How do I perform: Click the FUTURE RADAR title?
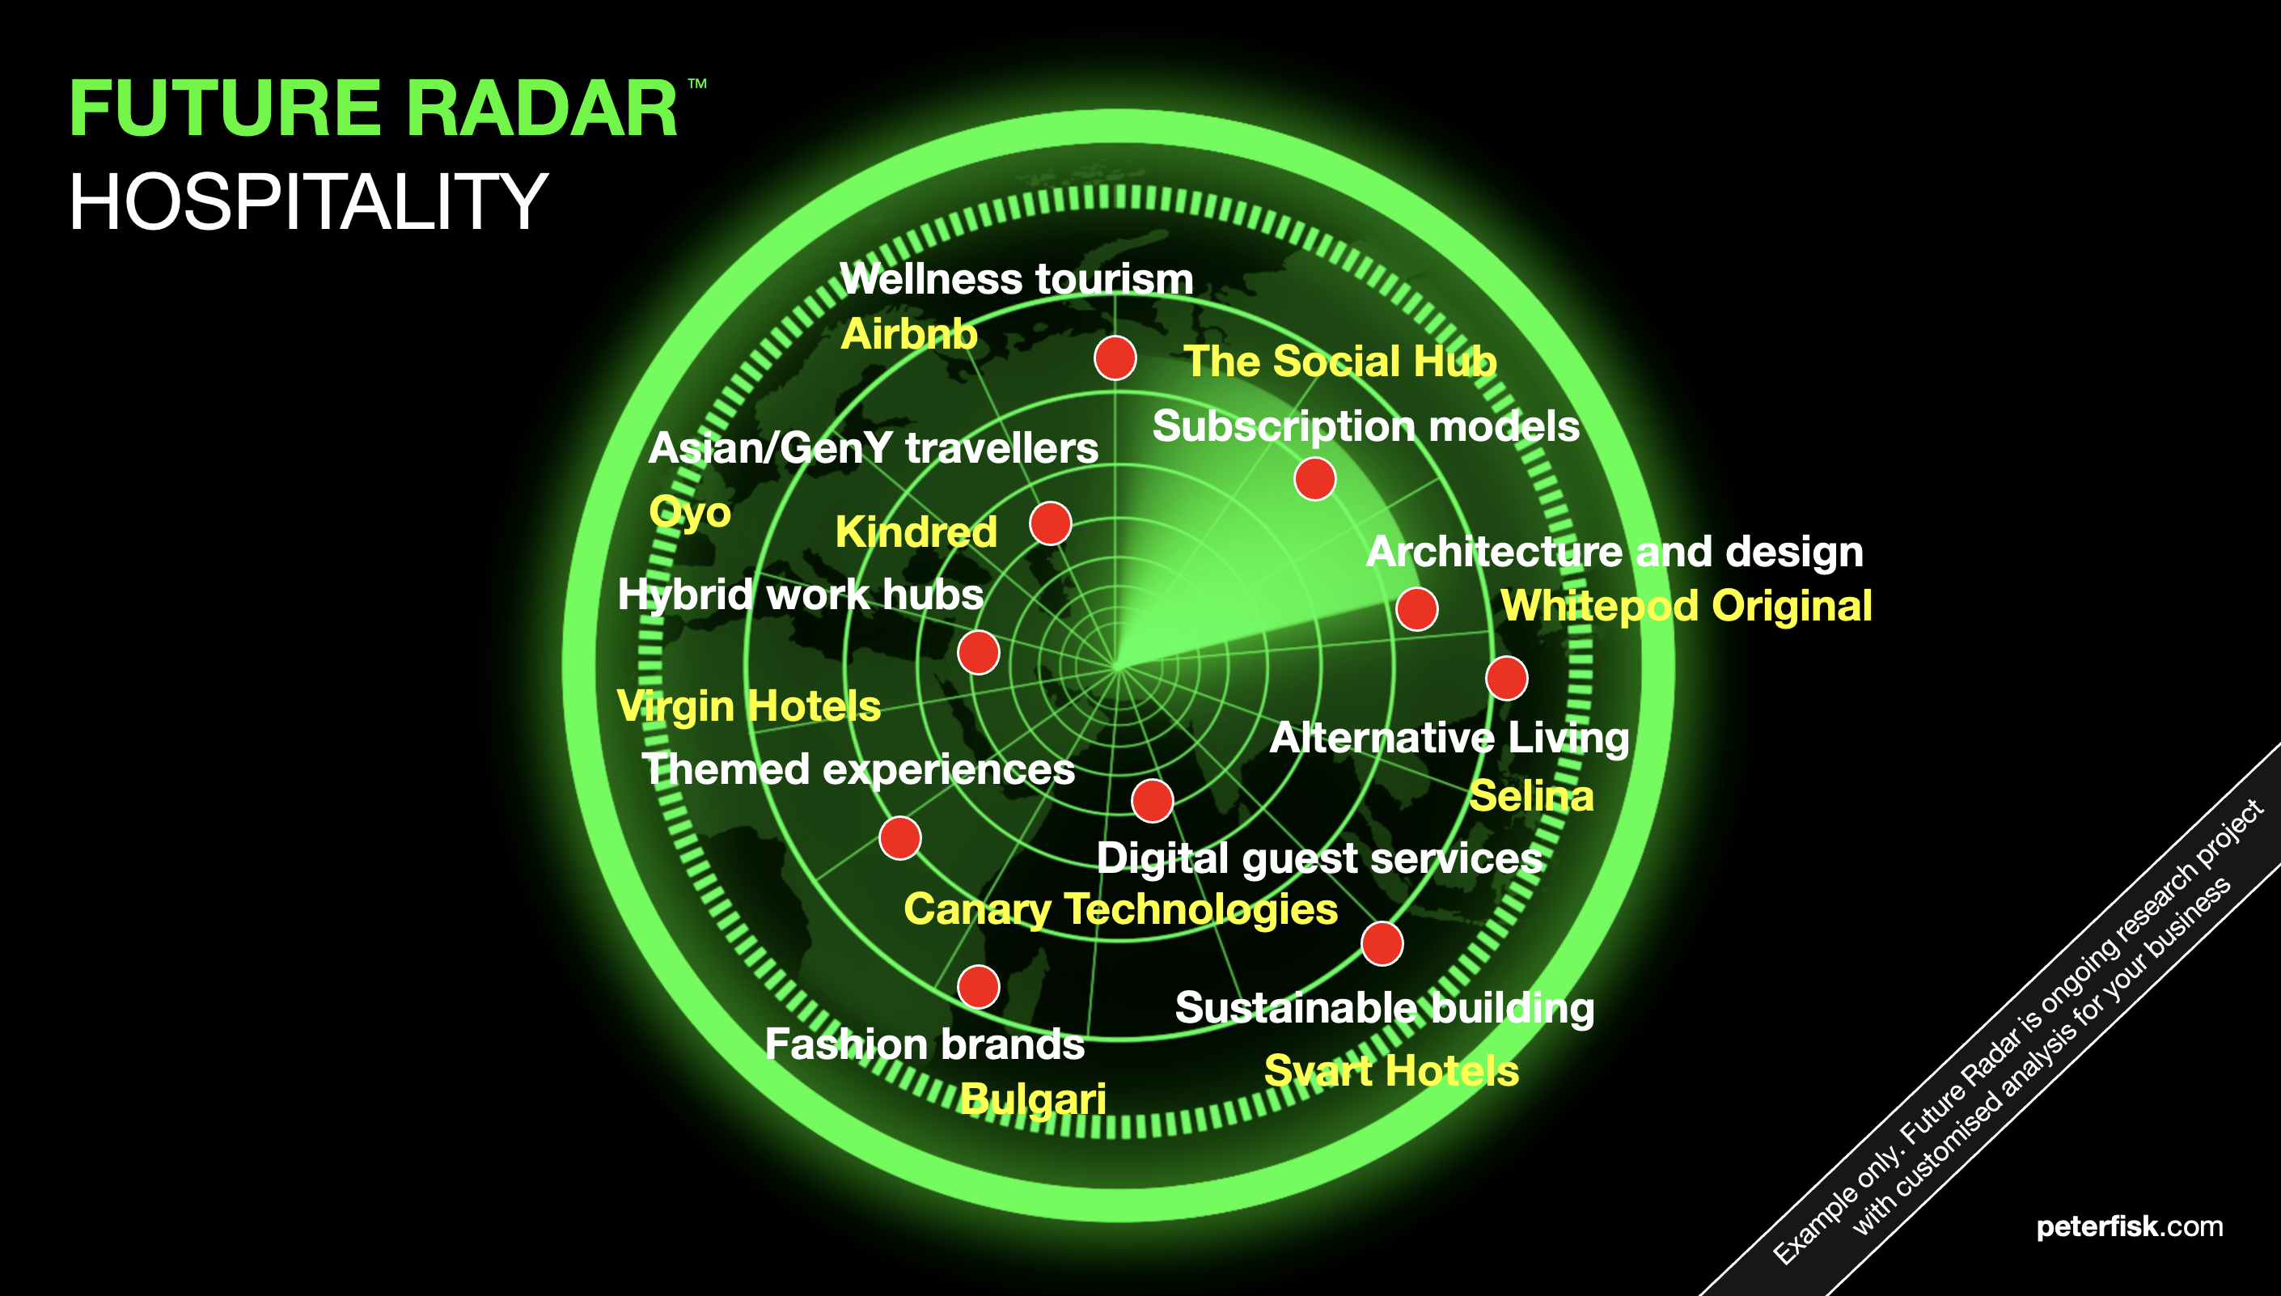[374, 108]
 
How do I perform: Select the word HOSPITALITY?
[308, 202]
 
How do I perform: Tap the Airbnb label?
[908, 335]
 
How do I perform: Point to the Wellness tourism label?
[1017, 278]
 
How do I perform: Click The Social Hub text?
[1339, 362]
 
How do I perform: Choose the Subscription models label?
[1366, 426]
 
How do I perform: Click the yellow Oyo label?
[690, 513]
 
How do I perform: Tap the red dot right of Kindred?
[1050, 523]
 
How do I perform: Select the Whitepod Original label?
[1686, 607]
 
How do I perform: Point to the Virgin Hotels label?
[748, 707]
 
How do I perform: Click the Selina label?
[1530, 796]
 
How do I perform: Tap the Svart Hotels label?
[1391, 1071]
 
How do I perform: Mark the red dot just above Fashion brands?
[978, 987]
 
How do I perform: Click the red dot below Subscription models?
[1314, 479]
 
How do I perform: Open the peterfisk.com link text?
[2130, 1227]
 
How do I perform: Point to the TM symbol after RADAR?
[697, 83]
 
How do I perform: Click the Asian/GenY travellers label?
[873, 447]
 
